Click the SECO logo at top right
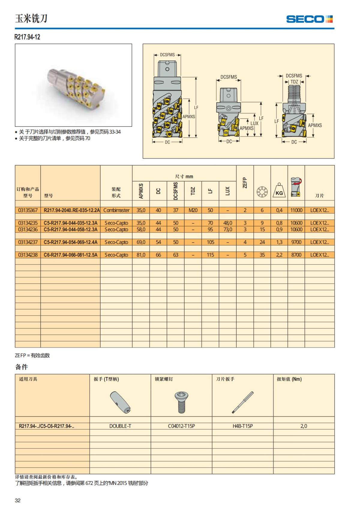[x=309, y=19]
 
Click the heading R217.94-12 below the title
[x=27, y=37]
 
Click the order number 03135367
[x=28, y=210]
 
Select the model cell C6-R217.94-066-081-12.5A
[x=70, y=255]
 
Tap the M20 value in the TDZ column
[x=193, y=210]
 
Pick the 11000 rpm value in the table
[x=296, y=210]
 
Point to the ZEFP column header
[x=245, y=183]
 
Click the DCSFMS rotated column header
[x=176, y=191]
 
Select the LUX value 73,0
[x=227, y=229]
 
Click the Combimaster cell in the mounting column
[x=116, y=210]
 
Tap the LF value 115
[x=210, y=255]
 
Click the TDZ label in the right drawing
[x=294, y=82]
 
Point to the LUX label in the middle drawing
[x=254, y=123]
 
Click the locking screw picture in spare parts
[x=181, y=402]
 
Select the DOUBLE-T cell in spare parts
[x=120, y=426]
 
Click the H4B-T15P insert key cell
[x=243, y=426]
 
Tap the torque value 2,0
[x=304, y=426]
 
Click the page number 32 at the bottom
[x=18, y=500]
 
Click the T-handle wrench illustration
[x=120, y=402]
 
